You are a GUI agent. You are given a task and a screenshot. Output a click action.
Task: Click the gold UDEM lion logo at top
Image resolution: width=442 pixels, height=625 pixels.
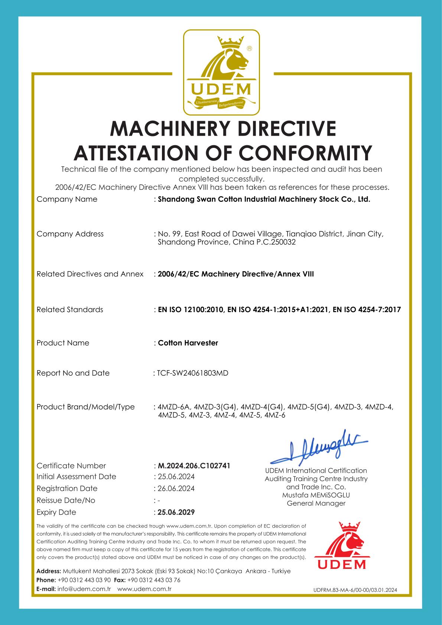click(x=222, y=72)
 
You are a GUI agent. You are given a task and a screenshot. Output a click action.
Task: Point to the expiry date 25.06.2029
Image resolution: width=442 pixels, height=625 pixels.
click(x=176, y=512)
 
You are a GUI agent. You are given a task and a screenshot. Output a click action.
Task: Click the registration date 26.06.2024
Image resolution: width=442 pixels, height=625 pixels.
click(x=176, y=488)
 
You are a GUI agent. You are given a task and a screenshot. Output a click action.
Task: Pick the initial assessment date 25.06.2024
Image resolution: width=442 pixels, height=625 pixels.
click(x=176, y=476)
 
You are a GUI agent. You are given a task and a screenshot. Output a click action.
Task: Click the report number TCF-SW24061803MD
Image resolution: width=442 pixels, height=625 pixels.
click(x=192, y=373)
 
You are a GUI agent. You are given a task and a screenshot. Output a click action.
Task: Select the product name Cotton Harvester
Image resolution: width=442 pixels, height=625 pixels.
click(x=188, y=343)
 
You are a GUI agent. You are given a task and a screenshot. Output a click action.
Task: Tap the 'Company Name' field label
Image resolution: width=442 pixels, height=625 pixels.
click(x=67, y=199)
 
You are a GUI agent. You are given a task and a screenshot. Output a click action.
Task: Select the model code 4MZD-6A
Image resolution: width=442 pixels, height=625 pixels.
click(x=174, y=407)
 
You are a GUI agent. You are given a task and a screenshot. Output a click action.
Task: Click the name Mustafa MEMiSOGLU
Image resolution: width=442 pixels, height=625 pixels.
click(x=316, y=495)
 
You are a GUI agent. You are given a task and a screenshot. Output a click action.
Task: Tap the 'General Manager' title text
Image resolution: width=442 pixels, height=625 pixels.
click(x=316, y=503)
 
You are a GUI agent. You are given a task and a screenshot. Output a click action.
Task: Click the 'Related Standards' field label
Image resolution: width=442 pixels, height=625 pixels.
click(x=70, y=310)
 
